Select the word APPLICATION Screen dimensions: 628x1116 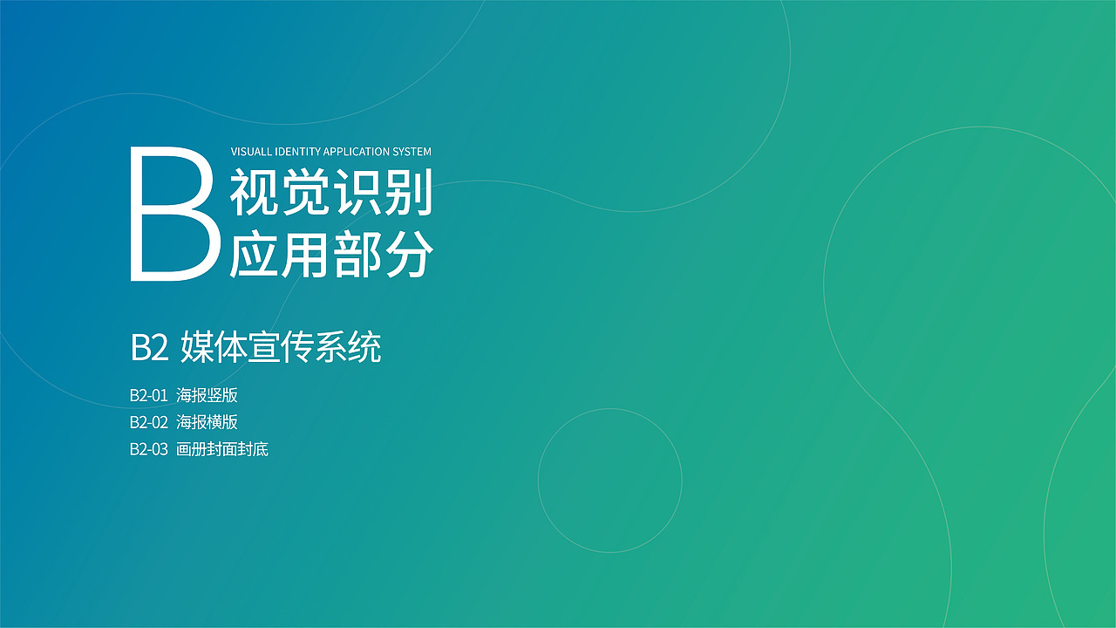tap(357, 152)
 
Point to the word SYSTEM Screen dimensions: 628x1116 tap(412, 152)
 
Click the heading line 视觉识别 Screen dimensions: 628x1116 tap(331, 194)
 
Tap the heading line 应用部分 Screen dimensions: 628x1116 tap(331, 256)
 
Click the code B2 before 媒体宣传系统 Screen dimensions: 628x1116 tap(148, 348)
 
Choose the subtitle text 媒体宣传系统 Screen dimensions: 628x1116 tap(281, 348)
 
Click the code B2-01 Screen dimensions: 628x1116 tap(148, 395)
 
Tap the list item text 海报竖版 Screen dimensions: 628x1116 tap(207, 395)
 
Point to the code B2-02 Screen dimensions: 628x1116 tap(148, 422)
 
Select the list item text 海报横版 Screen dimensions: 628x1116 tap(207, 422)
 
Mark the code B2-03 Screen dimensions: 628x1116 tap(148, 450)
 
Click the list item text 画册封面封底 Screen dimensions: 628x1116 tap(222, 450)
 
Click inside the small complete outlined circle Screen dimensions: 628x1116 tap(609, 481)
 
